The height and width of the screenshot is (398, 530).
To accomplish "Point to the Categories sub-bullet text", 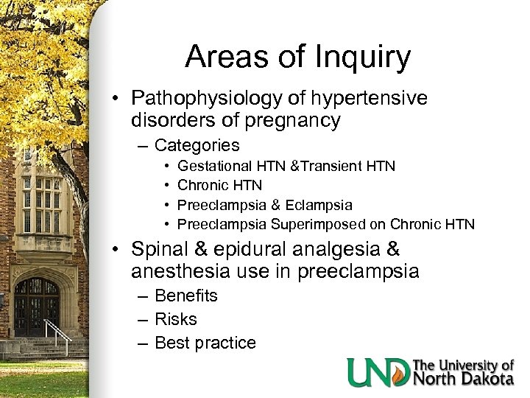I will (x=197, y=145).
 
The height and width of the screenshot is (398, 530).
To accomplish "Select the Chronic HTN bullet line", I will (x=220, y=185).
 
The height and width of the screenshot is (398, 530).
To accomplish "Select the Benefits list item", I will (x=186, y=296).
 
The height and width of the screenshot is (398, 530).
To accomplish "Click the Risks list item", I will (x=176, y=319).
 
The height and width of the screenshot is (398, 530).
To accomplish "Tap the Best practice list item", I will (x=205, y=343).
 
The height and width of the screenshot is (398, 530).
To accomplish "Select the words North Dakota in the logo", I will (x=463, y=380).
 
